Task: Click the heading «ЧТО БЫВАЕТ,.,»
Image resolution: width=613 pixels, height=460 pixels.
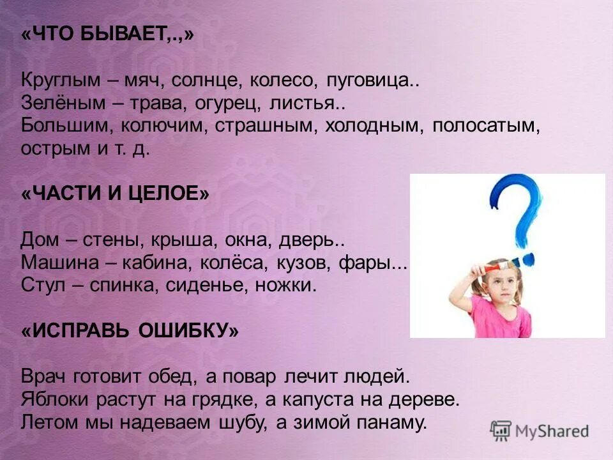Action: (107, 35)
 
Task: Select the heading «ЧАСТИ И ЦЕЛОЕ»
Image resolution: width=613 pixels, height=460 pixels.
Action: (115, 194)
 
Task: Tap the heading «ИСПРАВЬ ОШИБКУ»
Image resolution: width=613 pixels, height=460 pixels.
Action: (130, 331)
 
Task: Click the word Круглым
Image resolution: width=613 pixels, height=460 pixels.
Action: (61, 81)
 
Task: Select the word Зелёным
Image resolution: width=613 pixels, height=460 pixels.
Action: (61, 103)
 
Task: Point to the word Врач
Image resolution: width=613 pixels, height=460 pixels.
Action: (44, 377)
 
